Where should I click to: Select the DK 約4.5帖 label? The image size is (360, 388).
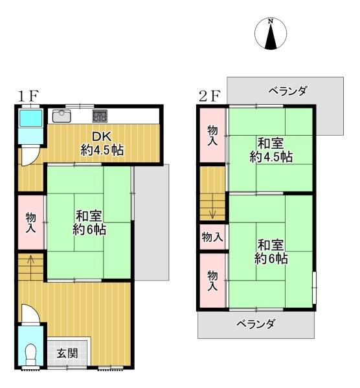(102, 144)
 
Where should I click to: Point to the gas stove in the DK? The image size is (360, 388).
(100, 116)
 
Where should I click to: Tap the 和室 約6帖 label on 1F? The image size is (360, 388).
(91, 222)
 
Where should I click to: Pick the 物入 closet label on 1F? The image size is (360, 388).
(30, 223)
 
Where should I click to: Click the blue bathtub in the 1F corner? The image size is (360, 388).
(30, 119)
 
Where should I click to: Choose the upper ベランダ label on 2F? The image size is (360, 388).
(287, 91)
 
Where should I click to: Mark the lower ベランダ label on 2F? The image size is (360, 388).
(256, 324)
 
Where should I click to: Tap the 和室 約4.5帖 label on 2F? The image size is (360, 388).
(271, 150)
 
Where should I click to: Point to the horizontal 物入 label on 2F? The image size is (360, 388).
(212, 237)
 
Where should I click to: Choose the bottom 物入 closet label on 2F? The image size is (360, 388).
(212, 281)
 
